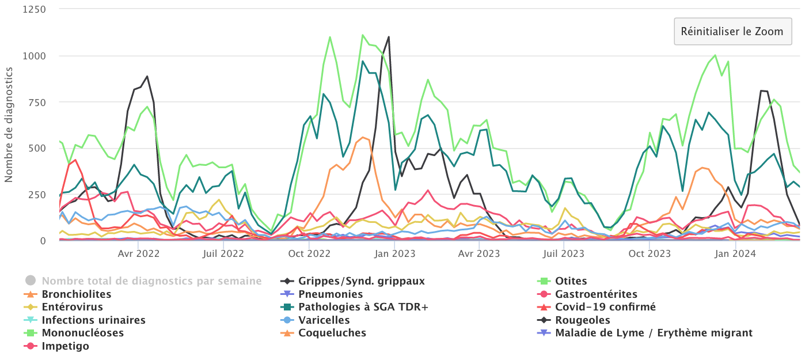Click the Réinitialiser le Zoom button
point(732,31)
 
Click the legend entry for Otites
point(571,281)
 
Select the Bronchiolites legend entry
point(77,294)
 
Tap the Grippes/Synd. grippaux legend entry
point(361,281)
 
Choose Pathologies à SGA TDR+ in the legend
point(363,307)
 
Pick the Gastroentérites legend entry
point(596,294)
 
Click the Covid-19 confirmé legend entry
point(605,307)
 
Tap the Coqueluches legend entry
point(332,333)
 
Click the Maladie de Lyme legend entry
point(654,333)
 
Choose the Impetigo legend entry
point(66,346)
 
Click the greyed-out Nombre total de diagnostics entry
point(151,281)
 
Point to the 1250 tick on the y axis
point(34,10)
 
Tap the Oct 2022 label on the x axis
point(309,253)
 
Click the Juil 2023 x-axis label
point(564,253)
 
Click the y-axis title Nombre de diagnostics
point(9,124)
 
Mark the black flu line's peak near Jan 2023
point(389,37)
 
